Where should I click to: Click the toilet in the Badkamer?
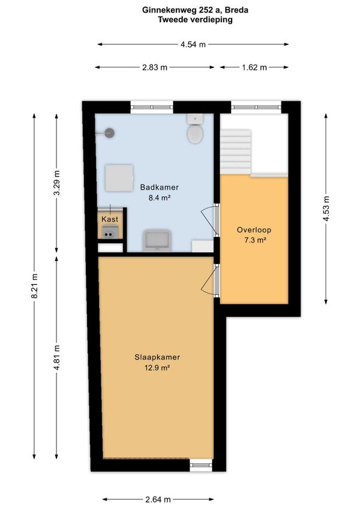coord(195,129)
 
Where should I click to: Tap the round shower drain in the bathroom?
coord(110,133)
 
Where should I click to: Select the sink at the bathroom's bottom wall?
coord(157,241)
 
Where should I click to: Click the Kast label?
coord(110,219)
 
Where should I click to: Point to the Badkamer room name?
coord(160,187)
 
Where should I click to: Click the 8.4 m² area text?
coord(160,197)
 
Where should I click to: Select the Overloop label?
coord(254,230)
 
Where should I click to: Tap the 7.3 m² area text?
coord(255,240)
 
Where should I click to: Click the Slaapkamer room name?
coord(157,357)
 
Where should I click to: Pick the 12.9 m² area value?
coord(157,368)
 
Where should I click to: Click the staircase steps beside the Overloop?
coord(236,152)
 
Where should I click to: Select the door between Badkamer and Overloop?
coord(211,220)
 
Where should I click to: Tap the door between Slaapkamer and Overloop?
coord(211,280)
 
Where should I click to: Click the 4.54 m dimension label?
coord(193,44)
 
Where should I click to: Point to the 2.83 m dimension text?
coord(155,67)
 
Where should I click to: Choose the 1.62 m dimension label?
coord(254,67)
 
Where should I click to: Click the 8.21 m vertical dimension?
coord(35,286)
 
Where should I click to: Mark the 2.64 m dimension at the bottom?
coord(158,499)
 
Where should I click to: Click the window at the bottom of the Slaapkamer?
coord(201,465)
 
